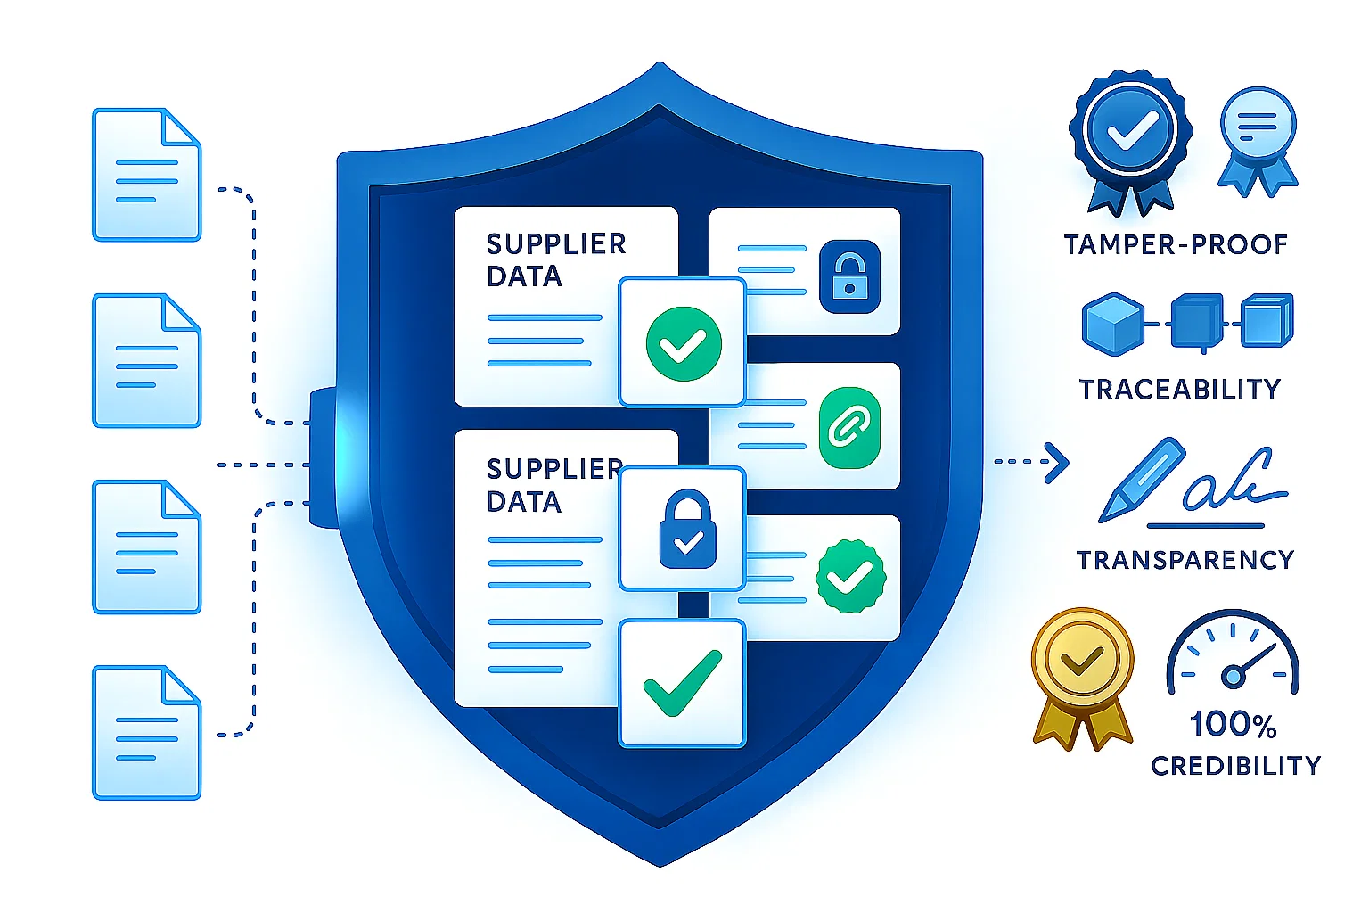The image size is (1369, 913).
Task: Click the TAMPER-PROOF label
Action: coord(1176,244)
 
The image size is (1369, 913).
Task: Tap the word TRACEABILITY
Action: coord(1179,390)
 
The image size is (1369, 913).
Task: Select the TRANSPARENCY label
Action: coord(1185,560)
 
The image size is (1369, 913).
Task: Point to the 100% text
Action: coord(1233,724)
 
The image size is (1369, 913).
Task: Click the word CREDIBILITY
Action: coord(1235,765)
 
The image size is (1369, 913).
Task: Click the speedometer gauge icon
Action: coord(1233,654)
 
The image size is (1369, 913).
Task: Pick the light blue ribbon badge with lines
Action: coord(1258,139)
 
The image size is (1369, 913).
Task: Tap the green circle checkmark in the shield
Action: coord(683,343)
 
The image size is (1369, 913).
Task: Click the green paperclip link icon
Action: coord(848,428)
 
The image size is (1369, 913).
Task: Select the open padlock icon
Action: coord(848,276)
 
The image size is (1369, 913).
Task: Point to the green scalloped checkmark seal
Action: coord(850,577)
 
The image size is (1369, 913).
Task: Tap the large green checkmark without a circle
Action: coord(682,683)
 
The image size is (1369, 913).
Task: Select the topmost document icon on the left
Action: coord(147,175)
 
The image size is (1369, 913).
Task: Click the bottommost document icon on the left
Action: coord(147,733)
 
